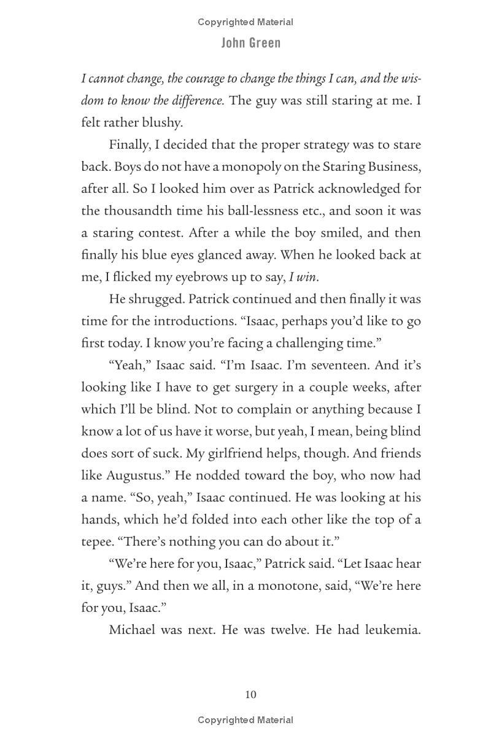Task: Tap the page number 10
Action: point(250,695)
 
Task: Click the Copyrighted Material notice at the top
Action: point(245,22)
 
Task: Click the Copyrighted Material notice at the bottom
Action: point(245,719)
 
